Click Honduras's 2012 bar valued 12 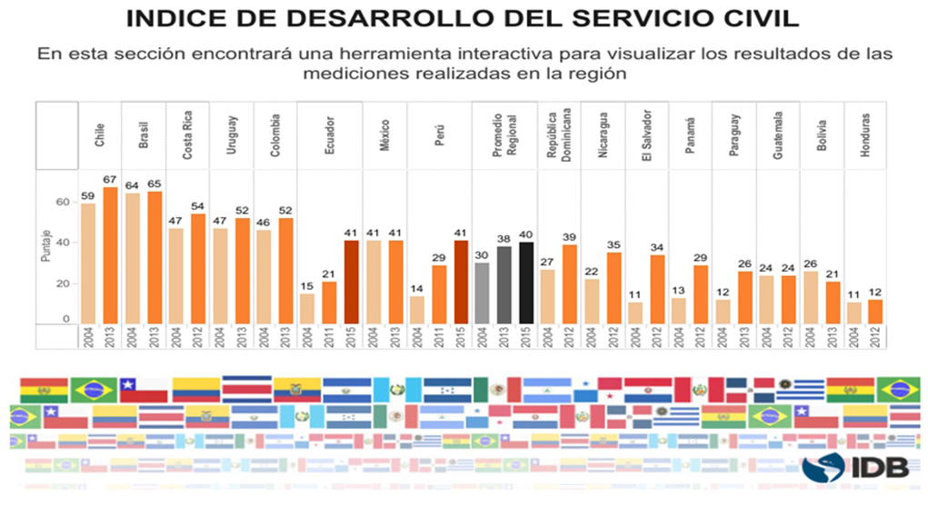point(875,311)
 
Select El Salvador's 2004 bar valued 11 point(636,312)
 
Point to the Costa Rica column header point(186,135)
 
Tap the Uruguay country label point(232,135)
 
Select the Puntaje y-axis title point(45,246)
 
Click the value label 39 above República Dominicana point(571,236)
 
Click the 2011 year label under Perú point(439,335)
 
